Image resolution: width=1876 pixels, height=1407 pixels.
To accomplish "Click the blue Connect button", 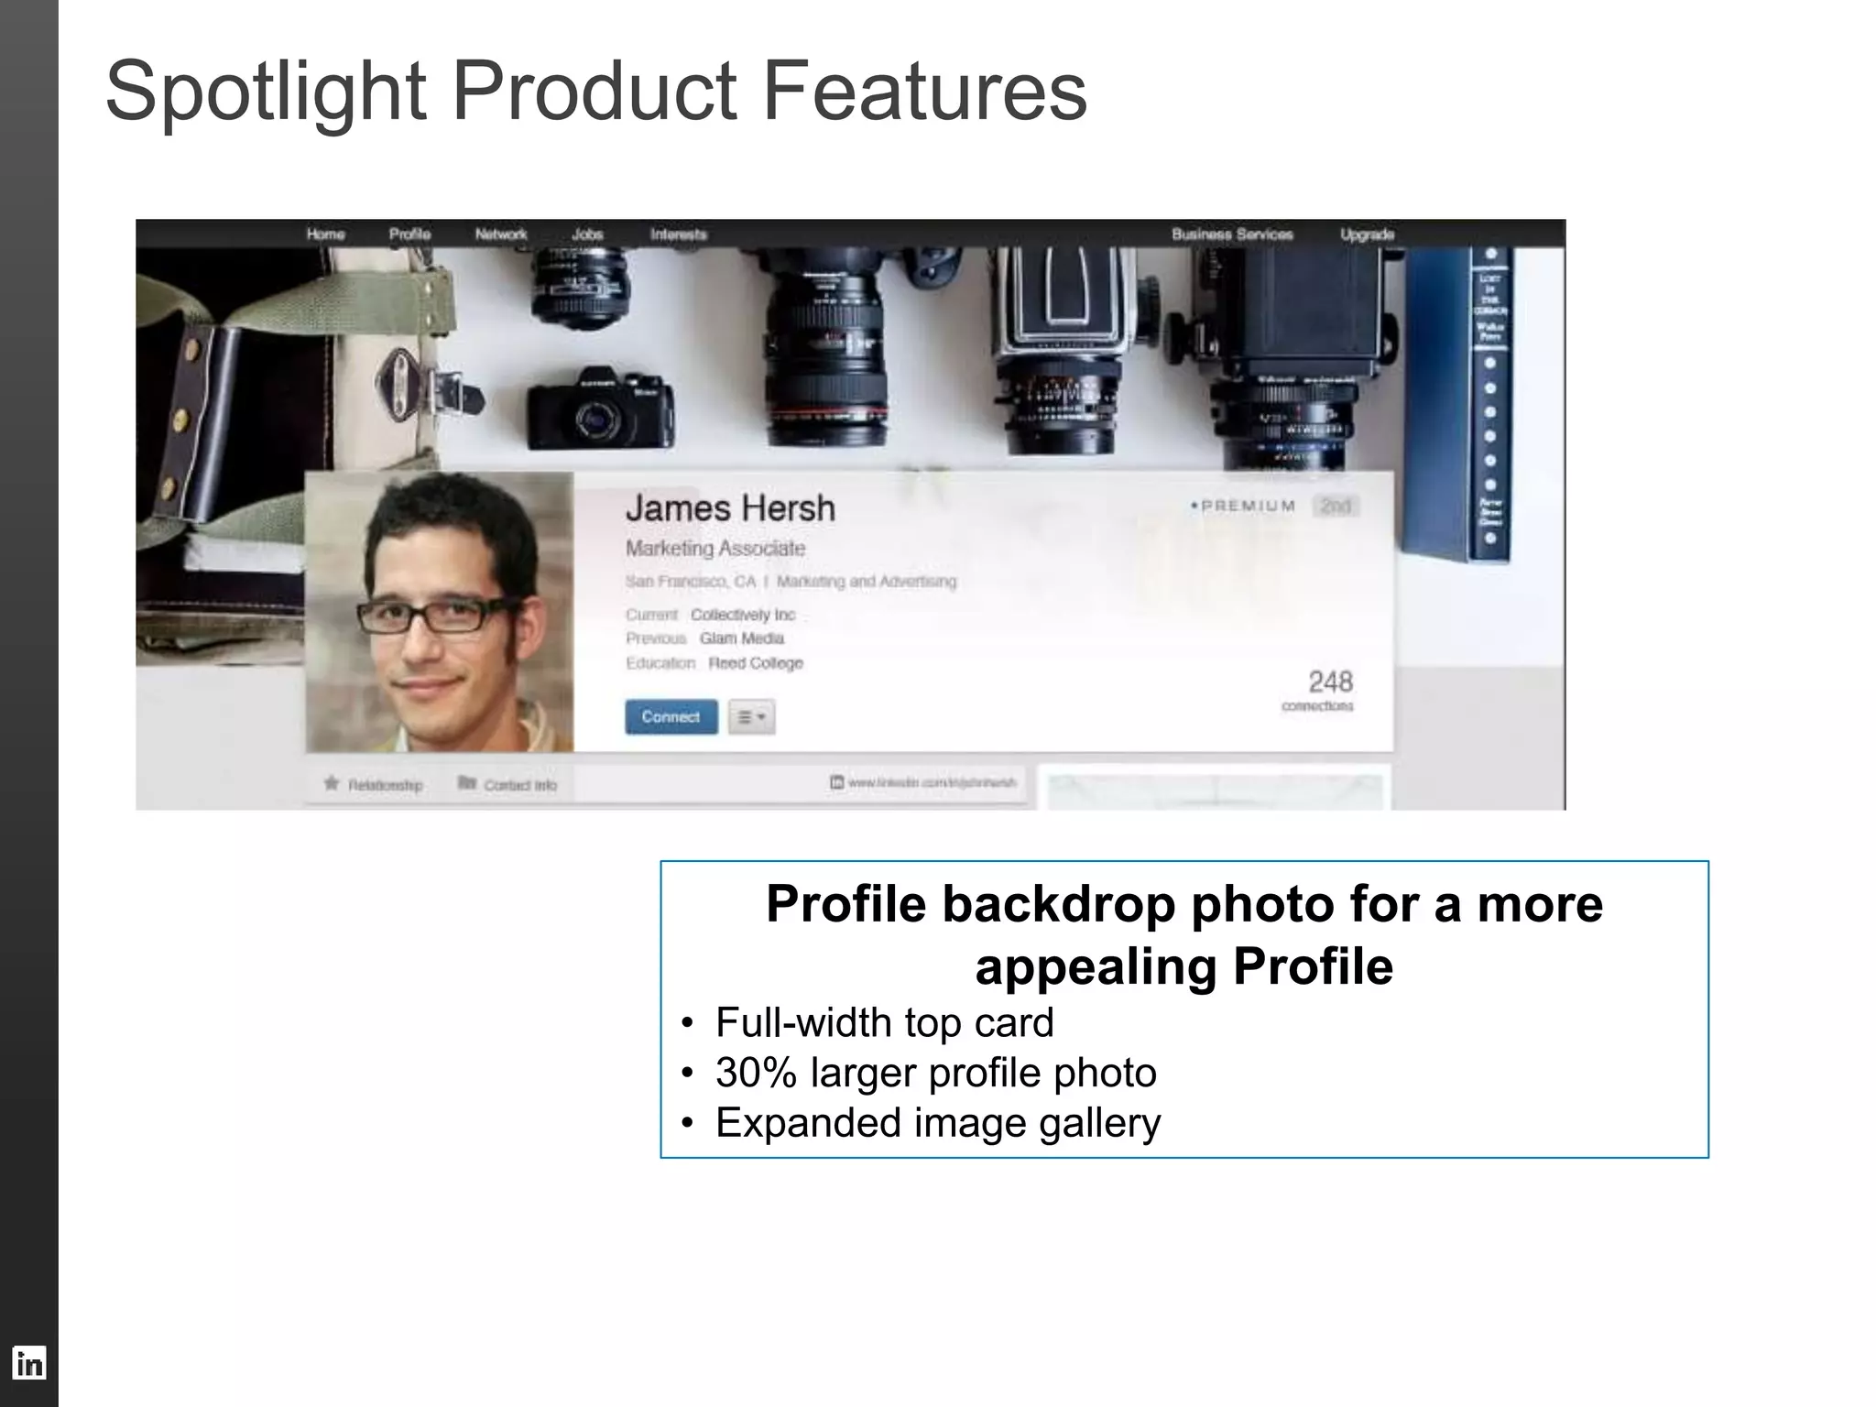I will point(671,716).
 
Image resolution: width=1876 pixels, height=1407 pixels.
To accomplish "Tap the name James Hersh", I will point(730,508).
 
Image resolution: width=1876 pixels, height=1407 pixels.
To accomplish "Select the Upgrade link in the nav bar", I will point(1367,234).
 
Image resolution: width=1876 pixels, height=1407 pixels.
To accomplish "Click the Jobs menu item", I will point(587,234).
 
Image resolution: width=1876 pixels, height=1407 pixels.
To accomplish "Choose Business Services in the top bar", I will point(1232,234).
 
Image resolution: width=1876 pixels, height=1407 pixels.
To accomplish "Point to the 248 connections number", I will point(1330,682).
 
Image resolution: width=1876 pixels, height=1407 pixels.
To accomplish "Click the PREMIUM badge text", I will point(1248,506).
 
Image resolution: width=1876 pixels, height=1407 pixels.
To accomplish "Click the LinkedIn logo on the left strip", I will point(28,1364).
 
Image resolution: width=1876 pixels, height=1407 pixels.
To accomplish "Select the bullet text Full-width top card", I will point(884,1022).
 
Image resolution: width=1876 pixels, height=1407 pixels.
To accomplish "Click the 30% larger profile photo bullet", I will point(935,1073).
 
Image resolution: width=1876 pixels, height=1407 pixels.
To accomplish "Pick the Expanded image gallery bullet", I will point(937,1123).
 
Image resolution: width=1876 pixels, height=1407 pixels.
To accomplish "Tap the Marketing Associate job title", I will point(715,549).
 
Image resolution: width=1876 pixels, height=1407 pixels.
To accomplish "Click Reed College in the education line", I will point(755,663).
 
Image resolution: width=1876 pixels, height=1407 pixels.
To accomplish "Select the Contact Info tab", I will point(509,785).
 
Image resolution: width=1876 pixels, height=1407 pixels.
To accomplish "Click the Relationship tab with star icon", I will point(374,785).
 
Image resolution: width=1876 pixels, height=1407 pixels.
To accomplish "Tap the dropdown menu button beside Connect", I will point(751,717).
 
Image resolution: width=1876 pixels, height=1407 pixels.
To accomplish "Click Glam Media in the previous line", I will point(741,638).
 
